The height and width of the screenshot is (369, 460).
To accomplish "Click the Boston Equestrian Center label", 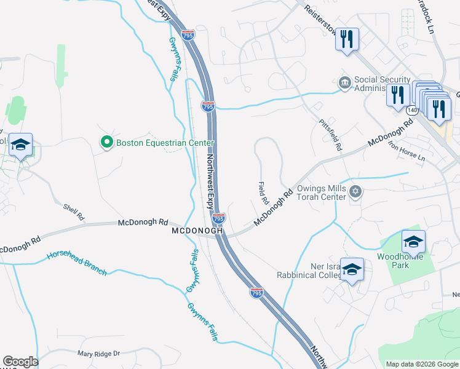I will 165,143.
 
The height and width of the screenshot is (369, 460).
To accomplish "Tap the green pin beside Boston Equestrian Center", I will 106,143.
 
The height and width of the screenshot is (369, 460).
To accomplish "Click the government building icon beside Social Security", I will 344,82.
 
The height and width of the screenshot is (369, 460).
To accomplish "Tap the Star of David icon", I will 354,193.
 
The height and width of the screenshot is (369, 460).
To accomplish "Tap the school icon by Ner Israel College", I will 352,269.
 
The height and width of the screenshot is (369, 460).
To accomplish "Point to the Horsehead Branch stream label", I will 77,262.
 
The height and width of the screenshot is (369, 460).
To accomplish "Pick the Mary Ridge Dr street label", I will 98,354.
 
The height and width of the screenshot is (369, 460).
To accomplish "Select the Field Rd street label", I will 263,193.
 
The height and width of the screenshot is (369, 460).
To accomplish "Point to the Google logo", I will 20,362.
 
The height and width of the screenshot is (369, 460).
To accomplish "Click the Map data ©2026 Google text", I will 422,364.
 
